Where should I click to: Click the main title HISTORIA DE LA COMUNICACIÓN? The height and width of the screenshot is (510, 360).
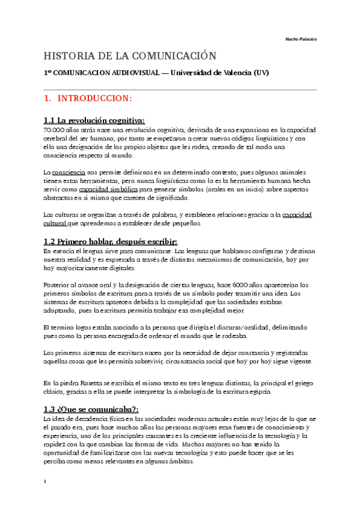tap(129, 56)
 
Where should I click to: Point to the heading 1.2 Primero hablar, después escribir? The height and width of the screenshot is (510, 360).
tap(111, 241)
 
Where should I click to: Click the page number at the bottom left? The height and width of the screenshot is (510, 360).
tap(45, 482)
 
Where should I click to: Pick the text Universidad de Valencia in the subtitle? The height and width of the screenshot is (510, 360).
tap(213, 73)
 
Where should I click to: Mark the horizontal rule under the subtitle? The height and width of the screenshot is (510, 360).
tap(180, 89)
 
